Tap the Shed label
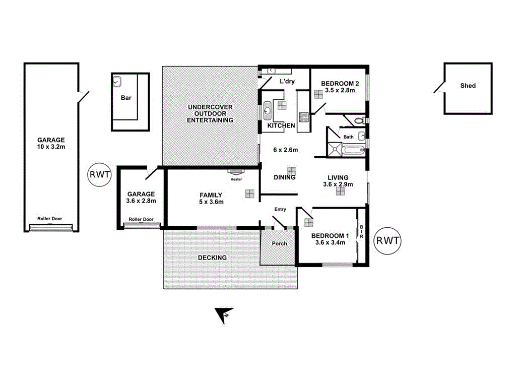[468, 86]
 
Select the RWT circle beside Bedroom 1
[388, 240]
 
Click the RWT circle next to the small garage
[98, 175]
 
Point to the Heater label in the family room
[236, 179]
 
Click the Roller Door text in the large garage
[50, 219]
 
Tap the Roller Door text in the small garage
[141, 219]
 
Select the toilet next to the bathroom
[359, 120]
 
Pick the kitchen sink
[267, 109]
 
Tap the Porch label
[279, 243]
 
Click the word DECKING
[212, 257]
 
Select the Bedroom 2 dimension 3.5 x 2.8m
[340, 91]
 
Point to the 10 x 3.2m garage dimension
[51, 147]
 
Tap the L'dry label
[287, 81]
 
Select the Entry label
[280, 209]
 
